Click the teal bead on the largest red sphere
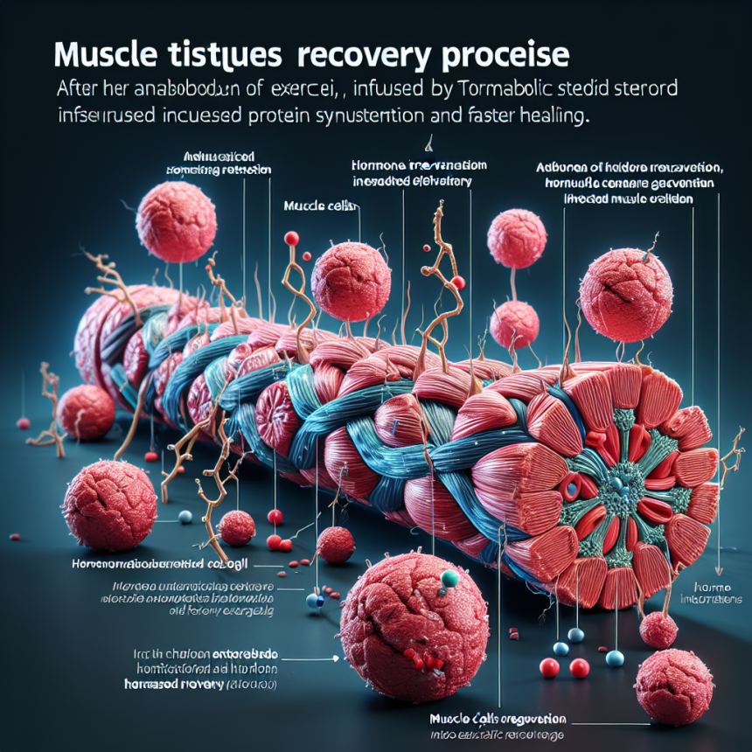449,579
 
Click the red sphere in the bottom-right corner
673,686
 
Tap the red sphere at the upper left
176,221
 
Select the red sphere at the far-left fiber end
85,411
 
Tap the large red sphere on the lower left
109,505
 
